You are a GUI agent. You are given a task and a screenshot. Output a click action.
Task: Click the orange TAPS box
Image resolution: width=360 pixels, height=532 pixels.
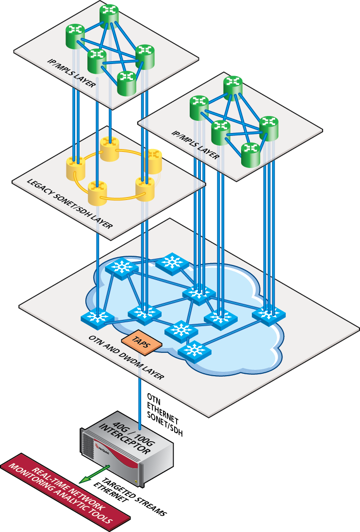141,342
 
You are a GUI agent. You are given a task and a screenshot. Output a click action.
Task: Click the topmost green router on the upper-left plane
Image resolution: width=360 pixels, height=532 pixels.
109,14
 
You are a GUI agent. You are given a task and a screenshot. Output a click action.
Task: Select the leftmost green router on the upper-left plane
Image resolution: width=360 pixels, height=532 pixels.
75,35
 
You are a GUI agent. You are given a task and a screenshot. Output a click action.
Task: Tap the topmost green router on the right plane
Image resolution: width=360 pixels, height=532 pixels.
233,86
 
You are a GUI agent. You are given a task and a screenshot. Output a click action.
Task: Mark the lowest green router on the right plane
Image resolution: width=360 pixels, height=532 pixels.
250,154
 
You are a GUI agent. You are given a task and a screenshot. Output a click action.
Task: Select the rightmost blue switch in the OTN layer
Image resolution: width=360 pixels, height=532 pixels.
268,314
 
